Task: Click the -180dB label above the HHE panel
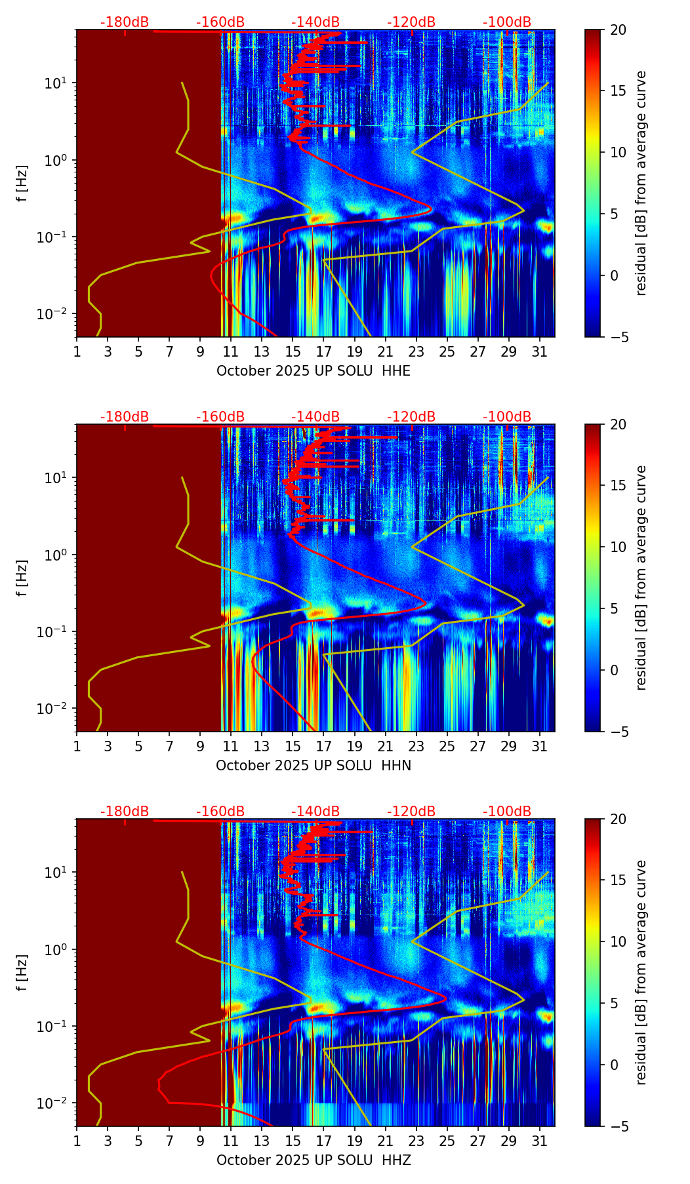pos(125,22)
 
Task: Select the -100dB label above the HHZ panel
pos(507,812)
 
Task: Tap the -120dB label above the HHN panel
pos(411,417)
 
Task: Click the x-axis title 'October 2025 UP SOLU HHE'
pos(314,371)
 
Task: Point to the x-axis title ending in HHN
pos(314,766)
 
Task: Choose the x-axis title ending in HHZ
pos(314,1160)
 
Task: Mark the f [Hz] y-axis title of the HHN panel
pos(22,578)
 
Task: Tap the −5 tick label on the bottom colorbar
pos(619,1126)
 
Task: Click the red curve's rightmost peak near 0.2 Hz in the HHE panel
pos(430,210)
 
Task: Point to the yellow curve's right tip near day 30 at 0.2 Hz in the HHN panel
pos(523,605)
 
